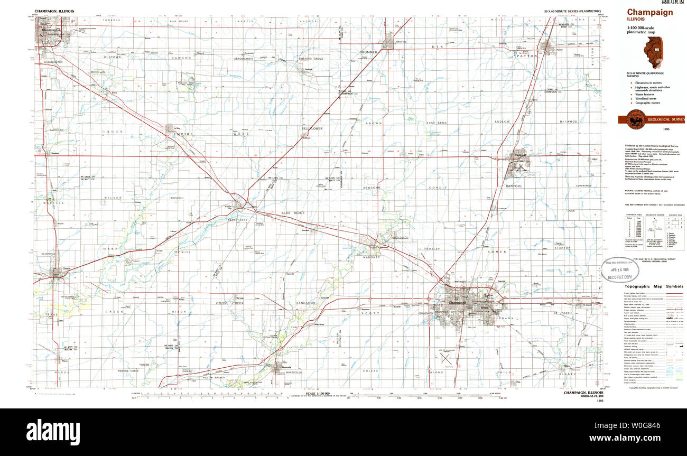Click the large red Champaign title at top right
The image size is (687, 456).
pos(650,13)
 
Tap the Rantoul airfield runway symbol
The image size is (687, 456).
pos(521,167)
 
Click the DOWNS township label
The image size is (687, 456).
pos(112,132)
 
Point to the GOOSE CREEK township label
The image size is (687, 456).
pos(229,303)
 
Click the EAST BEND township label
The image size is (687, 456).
pos(438,123)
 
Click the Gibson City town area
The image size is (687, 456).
pos(389,43)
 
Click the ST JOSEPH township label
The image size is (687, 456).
pos(563,314)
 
